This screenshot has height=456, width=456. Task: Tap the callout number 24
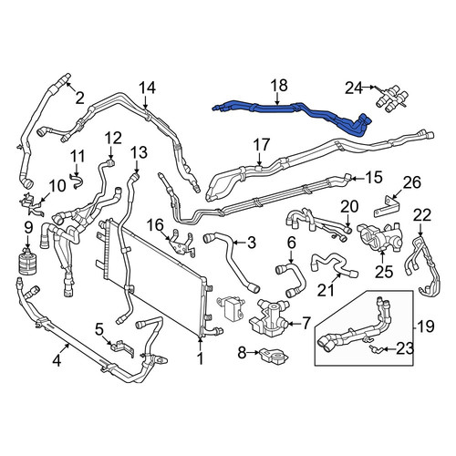(354, 88)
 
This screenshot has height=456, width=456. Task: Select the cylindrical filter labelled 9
(27, 262)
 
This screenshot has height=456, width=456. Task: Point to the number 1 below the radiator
(200, 358)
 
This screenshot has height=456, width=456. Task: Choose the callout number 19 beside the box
(425, 326)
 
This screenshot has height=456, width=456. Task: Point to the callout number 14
(148, 88)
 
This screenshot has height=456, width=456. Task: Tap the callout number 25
(384, 272)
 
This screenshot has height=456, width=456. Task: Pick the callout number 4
(57, 361)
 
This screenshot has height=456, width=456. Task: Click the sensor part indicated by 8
(274, 356)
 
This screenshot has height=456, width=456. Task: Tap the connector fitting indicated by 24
(391, 98)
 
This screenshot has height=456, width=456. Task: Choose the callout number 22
(422, 215)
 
